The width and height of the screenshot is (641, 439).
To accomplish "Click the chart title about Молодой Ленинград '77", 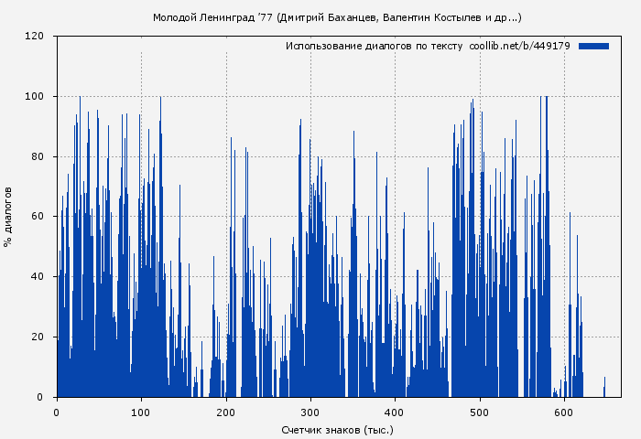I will point(337,17).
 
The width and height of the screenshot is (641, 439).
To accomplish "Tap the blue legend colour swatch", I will point(593,46).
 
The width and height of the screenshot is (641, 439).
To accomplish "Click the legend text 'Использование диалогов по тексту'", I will point(375,46).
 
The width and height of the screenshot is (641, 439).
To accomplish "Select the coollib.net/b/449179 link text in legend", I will point(519,46).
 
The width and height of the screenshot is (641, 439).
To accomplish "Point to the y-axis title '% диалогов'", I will point(8,217).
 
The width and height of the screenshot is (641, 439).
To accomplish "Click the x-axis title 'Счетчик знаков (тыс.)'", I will point(337,429).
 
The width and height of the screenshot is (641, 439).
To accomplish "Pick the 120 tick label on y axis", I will point(35,37).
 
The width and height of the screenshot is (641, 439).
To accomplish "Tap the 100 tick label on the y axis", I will point(35,97).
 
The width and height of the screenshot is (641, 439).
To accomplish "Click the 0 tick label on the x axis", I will point(57,412).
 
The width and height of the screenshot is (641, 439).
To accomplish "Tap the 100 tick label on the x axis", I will point(141,412).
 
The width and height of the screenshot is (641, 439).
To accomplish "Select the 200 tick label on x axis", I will point(226,412).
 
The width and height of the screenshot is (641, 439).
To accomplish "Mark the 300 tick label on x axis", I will point(310,412).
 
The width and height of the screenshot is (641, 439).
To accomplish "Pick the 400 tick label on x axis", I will point(395,412).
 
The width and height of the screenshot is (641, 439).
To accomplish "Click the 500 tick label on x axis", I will point(480,412).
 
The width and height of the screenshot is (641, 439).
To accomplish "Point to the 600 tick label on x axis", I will point(564,412).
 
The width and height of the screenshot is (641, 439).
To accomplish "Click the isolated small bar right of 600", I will point(604,388).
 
